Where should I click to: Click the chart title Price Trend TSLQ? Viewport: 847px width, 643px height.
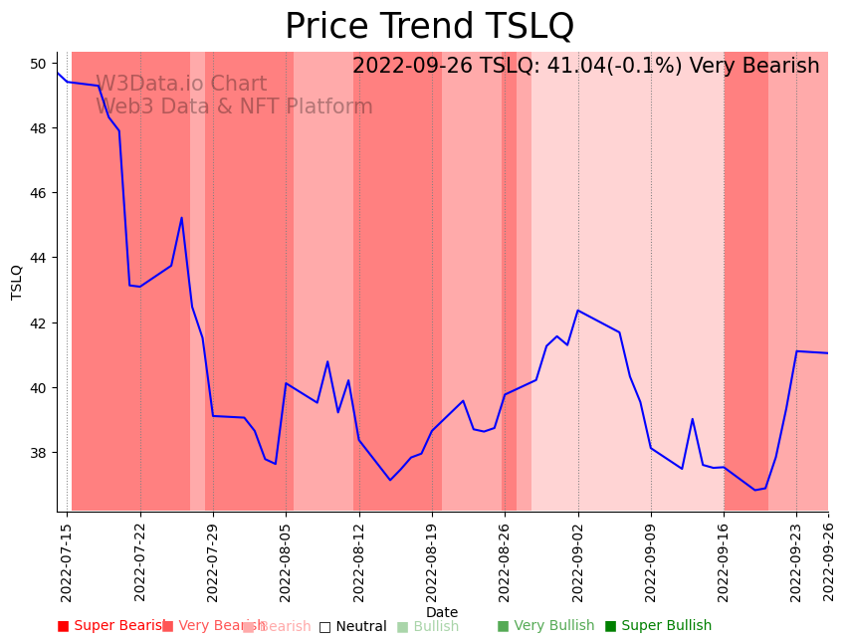pos(429,27)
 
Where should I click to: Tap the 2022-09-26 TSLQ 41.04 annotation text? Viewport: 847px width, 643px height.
pos(585,67)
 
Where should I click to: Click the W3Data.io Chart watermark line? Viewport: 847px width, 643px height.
pos(181,85)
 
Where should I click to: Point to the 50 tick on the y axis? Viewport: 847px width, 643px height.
pos(38,64)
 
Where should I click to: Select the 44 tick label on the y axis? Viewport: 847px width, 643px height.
pos(38,258)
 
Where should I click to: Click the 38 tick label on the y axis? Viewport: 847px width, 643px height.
pos(38,453)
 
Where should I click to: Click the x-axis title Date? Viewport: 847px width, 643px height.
pos(442,613)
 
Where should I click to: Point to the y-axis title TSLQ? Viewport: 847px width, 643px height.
pos(17,282)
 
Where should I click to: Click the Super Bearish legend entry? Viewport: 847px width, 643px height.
pos(111,626)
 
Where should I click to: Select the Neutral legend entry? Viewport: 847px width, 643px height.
pos(352,627)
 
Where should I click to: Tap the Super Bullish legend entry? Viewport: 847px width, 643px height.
pos(658,626)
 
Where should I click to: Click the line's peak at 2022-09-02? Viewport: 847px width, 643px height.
pos(578,311)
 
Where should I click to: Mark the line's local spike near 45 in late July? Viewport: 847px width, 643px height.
pos(181,218)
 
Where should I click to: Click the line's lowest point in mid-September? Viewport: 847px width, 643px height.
pos(755,490)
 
